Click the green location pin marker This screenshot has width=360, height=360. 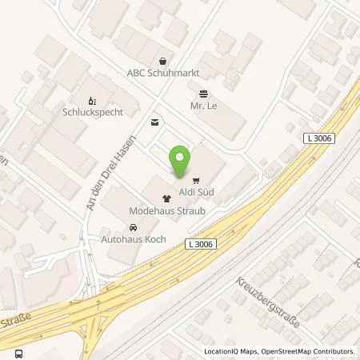(x=182, y=162)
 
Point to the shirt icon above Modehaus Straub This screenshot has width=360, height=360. (x=166, y=198)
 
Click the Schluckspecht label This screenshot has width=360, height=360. (x=93, y=113)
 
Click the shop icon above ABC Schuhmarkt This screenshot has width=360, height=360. (x=163, y=61)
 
